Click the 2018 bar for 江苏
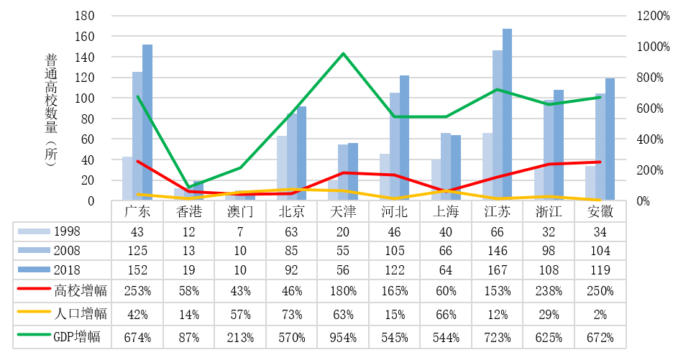[508, 115]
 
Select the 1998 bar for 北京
[281, 168]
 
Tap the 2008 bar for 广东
[137, 137]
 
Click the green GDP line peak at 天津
[343, 54]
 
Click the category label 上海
[446, 212]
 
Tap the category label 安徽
[600, 212]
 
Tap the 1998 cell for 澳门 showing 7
[240, 231]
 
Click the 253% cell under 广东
[137, 292]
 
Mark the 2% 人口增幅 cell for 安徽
[600, 313]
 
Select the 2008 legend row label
[67, 251]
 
